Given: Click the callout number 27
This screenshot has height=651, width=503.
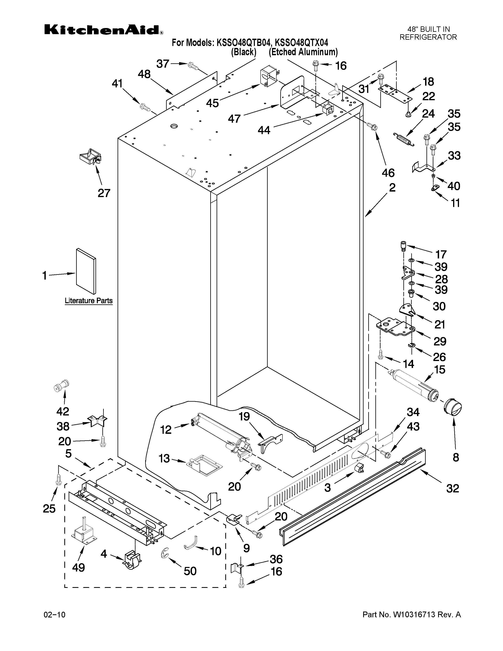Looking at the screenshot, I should (104, 193).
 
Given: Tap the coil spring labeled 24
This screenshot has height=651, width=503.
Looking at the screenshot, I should (403, 139).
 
